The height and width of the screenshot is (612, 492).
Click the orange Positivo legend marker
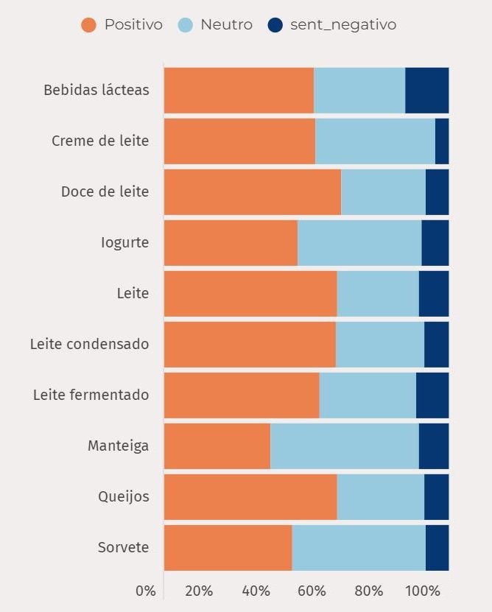coord(88,25)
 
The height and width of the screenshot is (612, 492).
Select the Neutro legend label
coord(226,25)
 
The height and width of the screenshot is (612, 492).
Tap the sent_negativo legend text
coord(342,25)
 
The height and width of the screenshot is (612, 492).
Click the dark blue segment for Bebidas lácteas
coord(426,90)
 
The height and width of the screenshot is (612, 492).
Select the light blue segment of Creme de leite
coord(375,141)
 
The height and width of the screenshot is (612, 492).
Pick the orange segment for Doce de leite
coord(252,191)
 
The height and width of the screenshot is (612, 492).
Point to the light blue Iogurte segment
coord(359,242)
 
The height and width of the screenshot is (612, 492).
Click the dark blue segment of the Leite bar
coord(433,293)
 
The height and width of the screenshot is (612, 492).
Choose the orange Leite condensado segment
coord(250,344)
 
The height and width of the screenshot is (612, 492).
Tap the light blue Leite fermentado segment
coord(368,395)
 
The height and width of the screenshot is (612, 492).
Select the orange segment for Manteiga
coord(217,446)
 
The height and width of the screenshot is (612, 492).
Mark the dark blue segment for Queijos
coord(436,496)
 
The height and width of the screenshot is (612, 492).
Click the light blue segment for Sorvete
coord(359,547)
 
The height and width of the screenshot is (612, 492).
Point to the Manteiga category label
coord(118,446)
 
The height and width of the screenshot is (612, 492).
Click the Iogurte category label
coord(124,242)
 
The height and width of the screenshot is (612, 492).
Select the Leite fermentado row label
coord(91,395)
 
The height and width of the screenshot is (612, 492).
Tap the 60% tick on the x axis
coord(312,591)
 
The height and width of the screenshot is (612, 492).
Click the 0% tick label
coord(146,591)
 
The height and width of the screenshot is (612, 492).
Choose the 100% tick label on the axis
coord(423,591)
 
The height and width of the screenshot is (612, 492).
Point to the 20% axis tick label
coord(199,591)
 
